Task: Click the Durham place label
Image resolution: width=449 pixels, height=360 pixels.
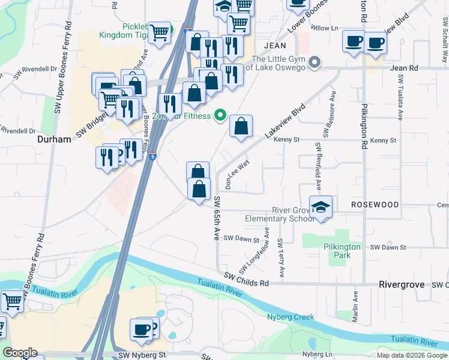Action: (x=54, y=139)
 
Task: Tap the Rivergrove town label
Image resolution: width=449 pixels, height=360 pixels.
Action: (x=402, y=284)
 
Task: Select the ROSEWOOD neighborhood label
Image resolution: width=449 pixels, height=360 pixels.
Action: (x=375, y=205)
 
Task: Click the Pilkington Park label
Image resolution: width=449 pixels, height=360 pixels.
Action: (x=342, y=251)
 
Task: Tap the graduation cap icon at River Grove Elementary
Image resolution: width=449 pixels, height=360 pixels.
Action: (x=321, y=208)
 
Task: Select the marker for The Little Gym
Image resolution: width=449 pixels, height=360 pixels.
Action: (x=314, y=63)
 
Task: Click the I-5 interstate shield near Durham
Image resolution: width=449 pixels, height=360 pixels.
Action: (x=153, y=156)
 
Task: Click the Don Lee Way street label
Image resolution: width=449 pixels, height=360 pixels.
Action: (x=237, y=173)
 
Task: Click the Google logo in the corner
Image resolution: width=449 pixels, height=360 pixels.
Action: (x=20, y=353)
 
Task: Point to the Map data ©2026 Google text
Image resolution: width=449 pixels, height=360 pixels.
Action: (x=411, y=355)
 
